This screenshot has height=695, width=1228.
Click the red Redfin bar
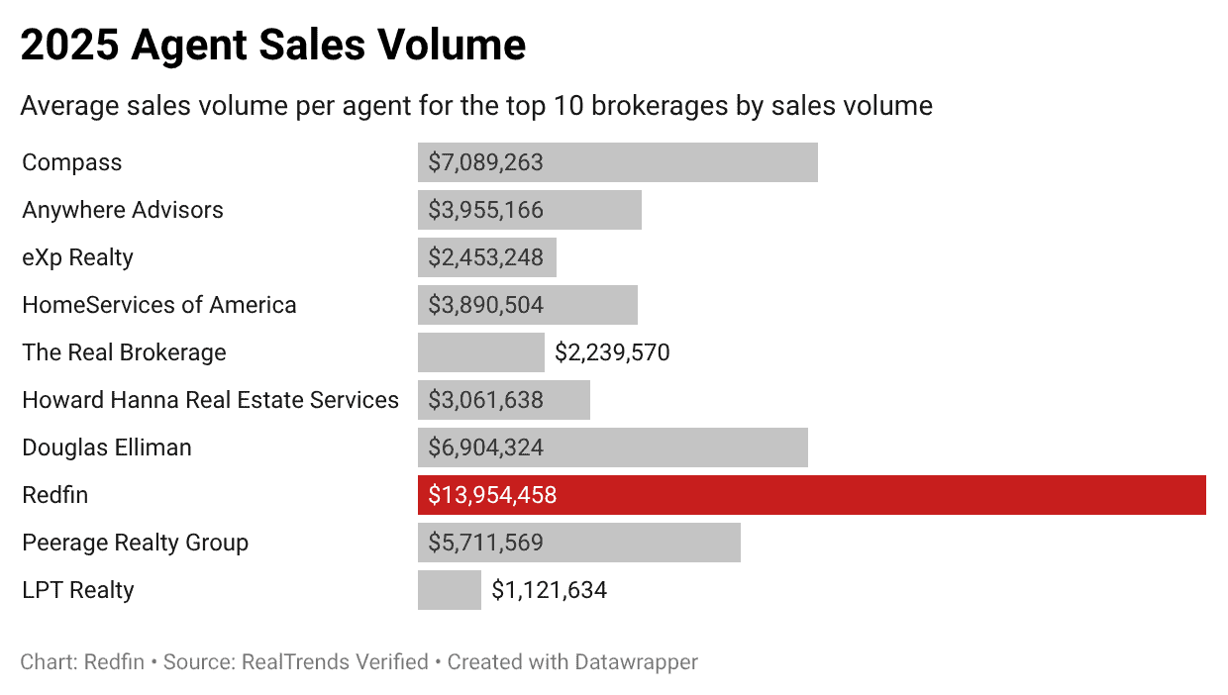point(811,495)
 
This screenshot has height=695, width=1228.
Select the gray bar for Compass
point(617,162)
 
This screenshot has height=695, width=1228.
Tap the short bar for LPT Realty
point(449,590)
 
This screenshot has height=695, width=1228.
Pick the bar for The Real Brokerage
point(480,352)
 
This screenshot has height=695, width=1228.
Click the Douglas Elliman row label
point(107,447)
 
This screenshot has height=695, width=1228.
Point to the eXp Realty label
point(77,257)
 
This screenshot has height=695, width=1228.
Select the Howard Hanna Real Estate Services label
point(210,400)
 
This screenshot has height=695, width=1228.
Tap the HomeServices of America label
point(158,305)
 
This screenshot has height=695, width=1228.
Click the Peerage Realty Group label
point(135,543)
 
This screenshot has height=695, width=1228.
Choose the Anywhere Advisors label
point(123,210)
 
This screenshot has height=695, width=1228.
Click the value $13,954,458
point(492,495)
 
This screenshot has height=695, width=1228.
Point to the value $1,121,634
point(549,591)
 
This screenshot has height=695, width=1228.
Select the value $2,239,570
point(612,352)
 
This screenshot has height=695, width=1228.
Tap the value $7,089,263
point(485,162)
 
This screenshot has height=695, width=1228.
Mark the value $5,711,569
point(485,543)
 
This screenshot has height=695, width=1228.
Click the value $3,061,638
point(485,400)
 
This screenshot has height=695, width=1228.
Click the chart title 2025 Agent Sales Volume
point(272,47)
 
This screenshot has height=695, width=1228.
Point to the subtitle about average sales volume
point(476,106)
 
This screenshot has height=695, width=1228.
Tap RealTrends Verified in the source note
point(335,662)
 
